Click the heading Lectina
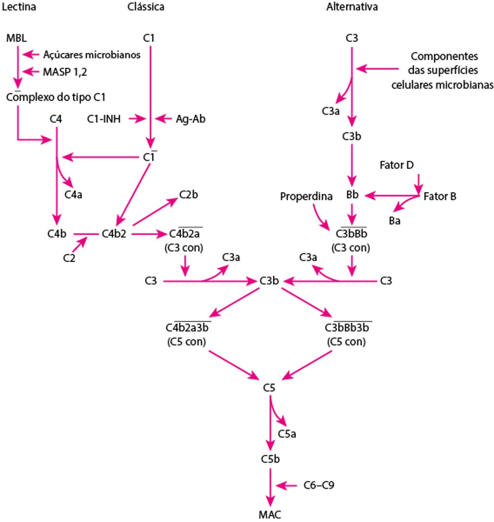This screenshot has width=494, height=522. (19, 7)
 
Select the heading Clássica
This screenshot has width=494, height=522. (146, 7)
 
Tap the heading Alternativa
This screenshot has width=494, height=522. (352, 7)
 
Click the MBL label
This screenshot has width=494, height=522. (16, 38)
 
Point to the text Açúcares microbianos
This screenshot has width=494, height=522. (91, 55)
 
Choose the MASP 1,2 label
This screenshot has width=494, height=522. (65, 72)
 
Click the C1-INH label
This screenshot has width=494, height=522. (104, 119)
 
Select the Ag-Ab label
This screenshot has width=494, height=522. (191, 119)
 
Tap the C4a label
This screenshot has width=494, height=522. (73, 194)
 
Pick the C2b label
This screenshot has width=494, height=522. (189, 194)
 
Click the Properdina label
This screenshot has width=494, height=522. (306, 197)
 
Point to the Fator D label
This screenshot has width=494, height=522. (396, 165)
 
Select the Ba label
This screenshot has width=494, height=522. (394, 221)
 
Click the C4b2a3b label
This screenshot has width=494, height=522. (187, 328)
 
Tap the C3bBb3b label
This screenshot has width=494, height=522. (347, 328)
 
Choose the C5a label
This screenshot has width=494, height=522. (287, 434)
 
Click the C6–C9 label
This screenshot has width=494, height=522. (319, 486)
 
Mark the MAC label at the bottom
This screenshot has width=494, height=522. (270, 515)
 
